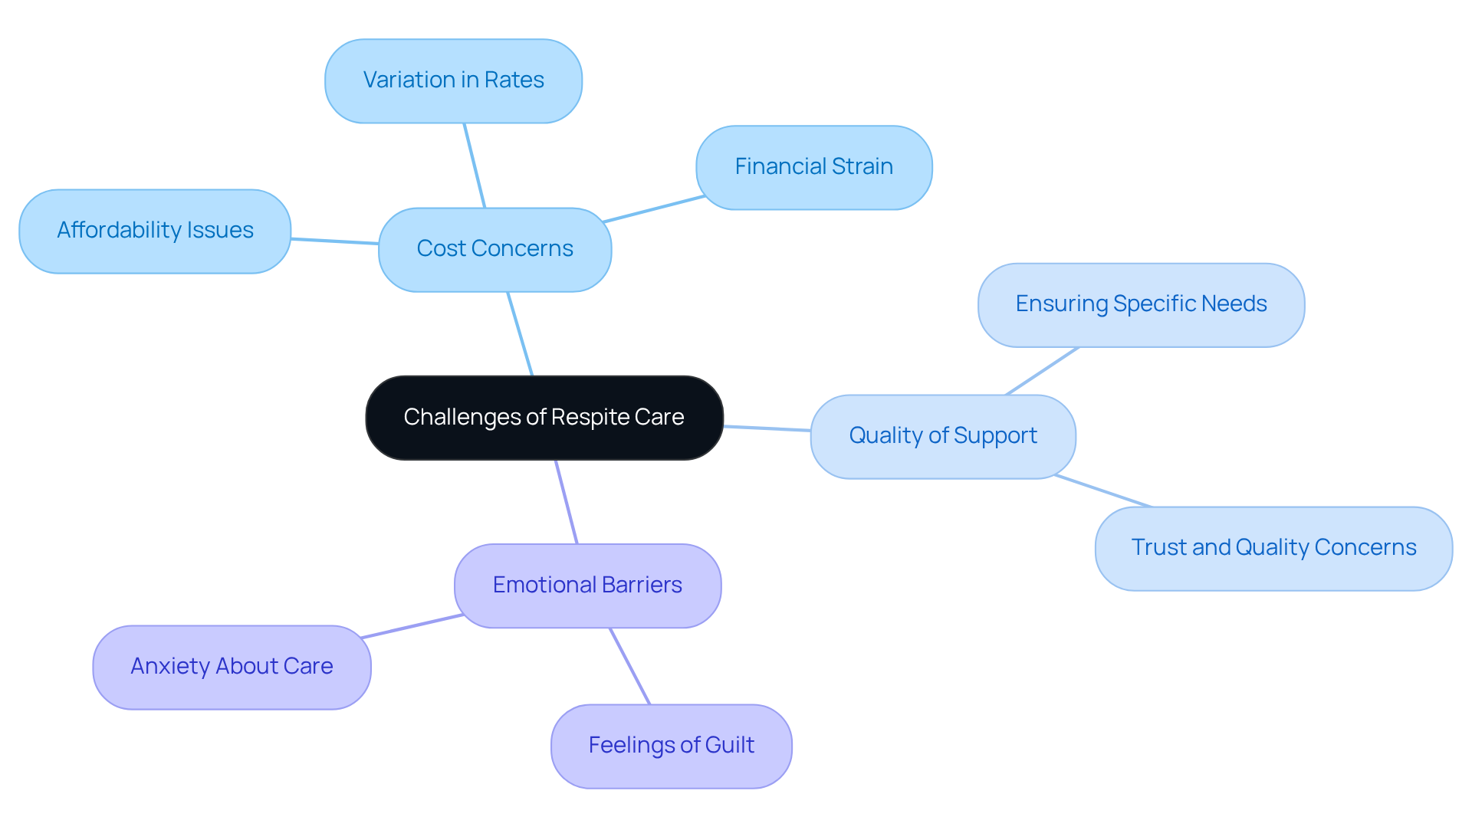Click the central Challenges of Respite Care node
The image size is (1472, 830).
(x=544, y=418)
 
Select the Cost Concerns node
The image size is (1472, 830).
(x=495, y=249)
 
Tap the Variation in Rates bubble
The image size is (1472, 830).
(x=453, y=80)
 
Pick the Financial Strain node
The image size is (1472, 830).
(x=813, y=167)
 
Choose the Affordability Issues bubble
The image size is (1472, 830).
(x=155, y=231)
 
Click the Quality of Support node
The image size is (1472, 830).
(x=942, y=436)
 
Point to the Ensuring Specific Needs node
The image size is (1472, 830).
(x=1141, y=304)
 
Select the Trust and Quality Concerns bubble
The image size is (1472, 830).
(x=1273, y=548)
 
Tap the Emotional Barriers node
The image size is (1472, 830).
(x=587, y=586)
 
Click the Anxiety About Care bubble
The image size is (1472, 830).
(x=232, y=667)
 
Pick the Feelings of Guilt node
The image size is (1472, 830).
(x=671, y=746)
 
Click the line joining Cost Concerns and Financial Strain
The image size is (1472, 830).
(x=653, y=209)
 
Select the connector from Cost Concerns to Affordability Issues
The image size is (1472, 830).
(x=335, y=241)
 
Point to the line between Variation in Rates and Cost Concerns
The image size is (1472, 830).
(x=475, y=166)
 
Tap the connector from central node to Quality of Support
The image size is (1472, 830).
(x=767, y=428)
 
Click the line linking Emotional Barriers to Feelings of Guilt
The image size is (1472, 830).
(x=629, y=666)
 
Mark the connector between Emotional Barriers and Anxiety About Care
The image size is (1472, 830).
(x=412, y=626)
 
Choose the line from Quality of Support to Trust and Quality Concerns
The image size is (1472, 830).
(x=1102, y=491)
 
